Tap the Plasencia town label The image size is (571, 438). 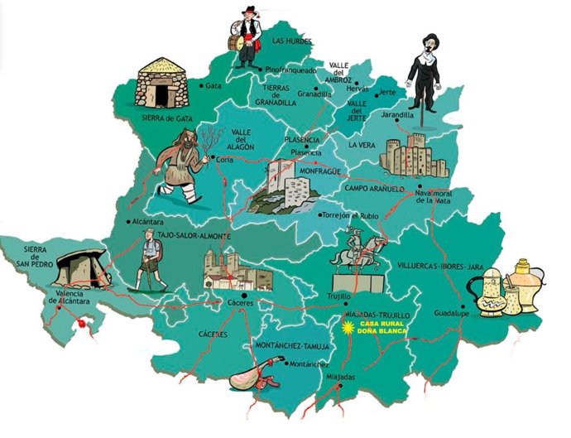307,153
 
